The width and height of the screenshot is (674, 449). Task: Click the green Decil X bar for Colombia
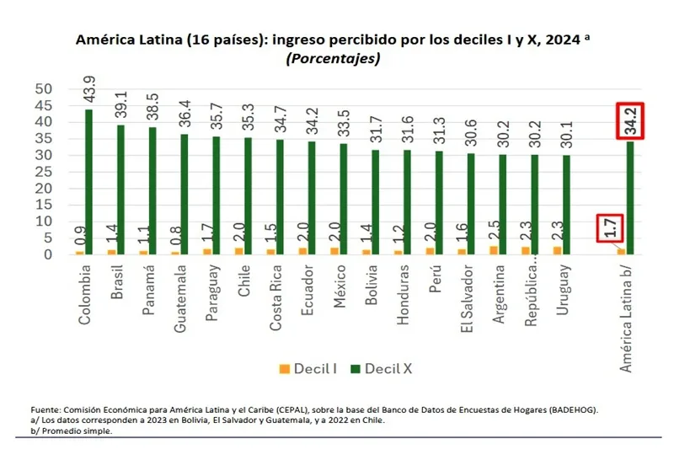[x=88, y=181]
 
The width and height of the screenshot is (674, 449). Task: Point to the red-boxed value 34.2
[x=629, y=120]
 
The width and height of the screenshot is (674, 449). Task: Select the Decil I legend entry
[x=308, y=368]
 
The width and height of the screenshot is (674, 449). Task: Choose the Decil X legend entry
[x=379, y=368]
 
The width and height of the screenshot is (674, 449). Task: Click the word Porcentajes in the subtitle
[x=333, y=58]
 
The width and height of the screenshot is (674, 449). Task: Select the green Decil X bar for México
[x=343, y=198]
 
